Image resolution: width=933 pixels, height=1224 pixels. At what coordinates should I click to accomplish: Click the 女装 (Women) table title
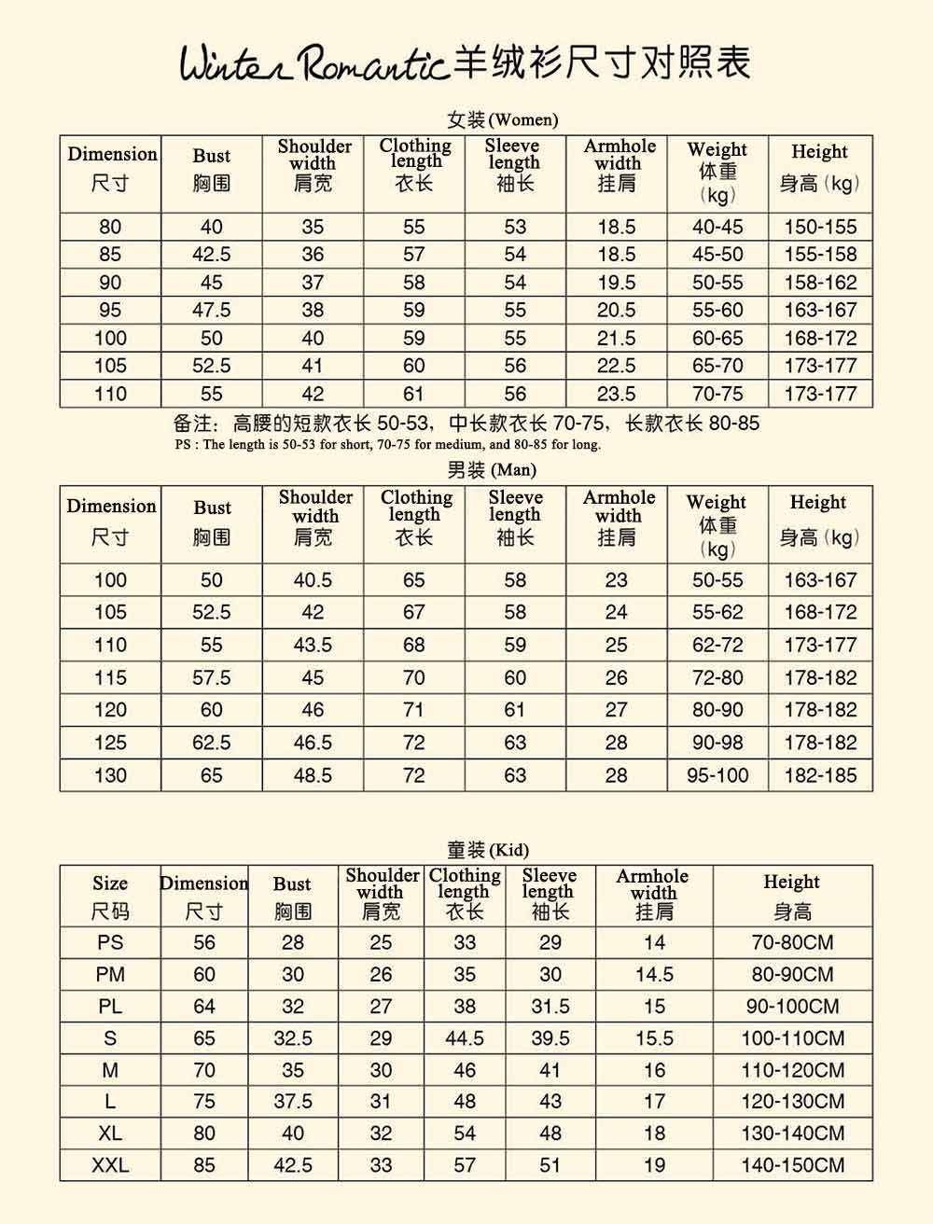[502, 119]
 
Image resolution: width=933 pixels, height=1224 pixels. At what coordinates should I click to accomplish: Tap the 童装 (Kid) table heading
[487, 850]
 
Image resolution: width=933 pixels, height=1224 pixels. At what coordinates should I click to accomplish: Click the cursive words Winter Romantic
[313, 63]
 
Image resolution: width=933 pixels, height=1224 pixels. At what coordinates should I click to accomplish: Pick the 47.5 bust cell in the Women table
[212, 311]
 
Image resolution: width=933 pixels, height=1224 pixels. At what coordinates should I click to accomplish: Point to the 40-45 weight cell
[717, 227]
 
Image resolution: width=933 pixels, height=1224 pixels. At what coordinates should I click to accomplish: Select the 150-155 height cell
[820, 227]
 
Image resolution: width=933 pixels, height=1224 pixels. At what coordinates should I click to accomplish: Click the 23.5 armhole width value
[617, 394]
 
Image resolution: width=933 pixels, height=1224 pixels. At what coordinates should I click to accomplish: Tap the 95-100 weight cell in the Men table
[717, 775]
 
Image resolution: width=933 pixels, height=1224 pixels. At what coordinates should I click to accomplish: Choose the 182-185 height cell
[820, 775]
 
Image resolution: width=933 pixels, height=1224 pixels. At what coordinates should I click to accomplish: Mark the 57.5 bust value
[212, 677]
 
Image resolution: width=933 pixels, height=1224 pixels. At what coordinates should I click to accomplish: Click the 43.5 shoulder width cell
[313, 645]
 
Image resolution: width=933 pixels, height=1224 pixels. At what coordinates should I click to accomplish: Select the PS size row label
[110, 942]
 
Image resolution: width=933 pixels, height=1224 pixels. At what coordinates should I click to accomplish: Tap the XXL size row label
[110, 1165]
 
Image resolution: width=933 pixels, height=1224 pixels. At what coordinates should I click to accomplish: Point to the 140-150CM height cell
[792, 1165]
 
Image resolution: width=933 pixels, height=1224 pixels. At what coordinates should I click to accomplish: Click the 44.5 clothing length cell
[465, 1038]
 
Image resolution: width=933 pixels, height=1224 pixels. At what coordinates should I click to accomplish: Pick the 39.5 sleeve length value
[550, 1038]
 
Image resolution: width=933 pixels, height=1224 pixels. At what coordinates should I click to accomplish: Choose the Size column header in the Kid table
[110, 883]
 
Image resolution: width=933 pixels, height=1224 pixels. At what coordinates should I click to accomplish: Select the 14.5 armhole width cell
[654, 974]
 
